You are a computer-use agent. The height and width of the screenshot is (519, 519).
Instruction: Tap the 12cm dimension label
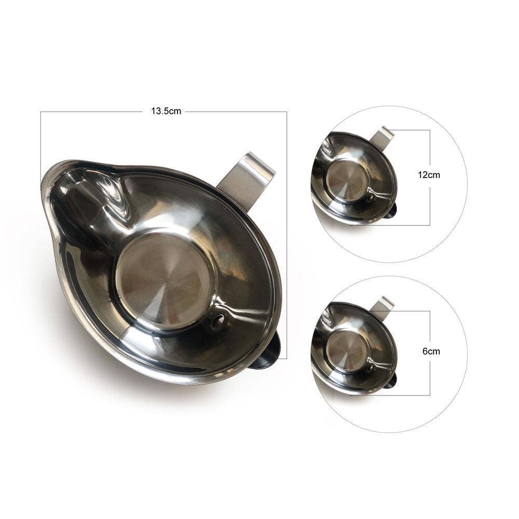tap(429, 175)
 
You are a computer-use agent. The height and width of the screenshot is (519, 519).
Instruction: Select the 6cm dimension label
tap(431, 351)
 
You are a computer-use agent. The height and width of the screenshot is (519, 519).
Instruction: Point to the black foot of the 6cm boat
tap(391, 381)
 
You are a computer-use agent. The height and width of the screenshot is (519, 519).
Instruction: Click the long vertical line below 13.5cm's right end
tap(286, 234)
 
